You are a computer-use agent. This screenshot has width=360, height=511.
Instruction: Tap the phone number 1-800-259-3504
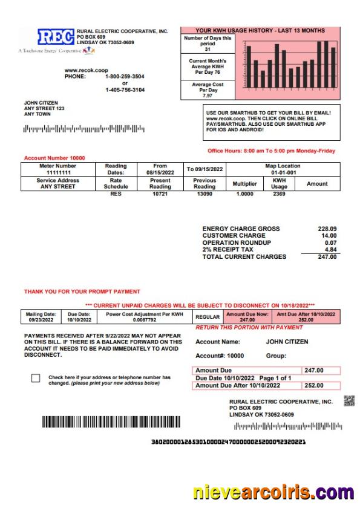point(125,77)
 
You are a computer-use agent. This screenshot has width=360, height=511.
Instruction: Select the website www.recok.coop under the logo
point(83,70)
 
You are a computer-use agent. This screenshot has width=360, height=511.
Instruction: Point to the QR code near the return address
point(349,401)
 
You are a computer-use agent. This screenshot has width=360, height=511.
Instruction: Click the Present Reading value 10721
point(160,194)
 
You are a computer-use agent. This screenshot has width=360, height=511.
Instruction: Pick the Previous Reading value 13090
point(205,194)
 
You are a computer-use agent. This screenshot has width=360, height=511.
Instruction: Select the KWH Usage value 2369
point(279,194)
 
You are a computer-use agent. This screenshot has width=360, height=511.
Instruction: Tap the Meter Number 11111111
point(57,172)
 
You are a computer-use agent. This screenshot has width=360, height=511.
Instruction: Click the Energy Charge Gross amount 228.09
point(327,229)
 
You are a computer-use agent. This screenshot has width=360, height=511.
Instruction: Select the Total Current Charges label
point(244,257)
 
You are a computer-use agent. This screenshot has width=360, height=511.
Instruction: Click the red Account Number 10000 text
point(53,158)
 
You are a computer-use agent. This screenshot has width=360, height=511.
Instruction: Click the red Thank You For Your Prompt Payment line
point(82,291)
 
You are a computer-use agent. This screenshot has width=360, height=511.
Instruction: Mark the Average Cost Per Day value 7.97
point(208,96)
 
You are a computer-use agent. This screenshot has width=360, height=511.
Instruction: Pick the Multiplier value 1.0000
point(244,194)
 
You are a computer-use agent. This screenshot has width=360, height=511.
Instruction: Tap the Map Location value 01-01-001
point(283,172)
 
